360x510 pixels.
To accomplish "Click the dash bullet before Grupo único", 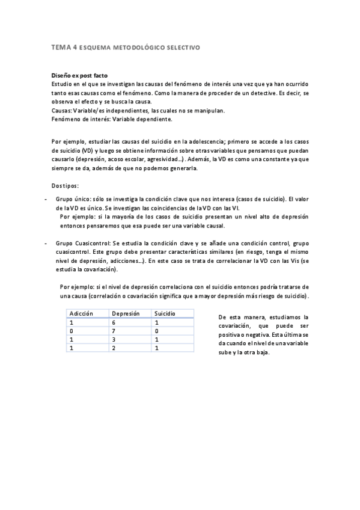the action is tap(46, 198).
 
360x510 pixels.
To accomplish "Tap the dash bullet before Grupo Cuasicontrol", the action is tap(46, 243).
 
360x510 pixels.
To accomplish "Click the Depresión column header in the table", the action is tap(126, 313).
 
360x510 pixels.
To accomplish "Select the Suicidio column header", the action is tap(165, 313).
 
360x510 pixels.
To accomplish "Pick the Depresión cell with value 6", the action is tap(114, 322).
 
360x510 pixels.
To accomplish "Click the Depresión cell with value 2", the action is tap(114, 348).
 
